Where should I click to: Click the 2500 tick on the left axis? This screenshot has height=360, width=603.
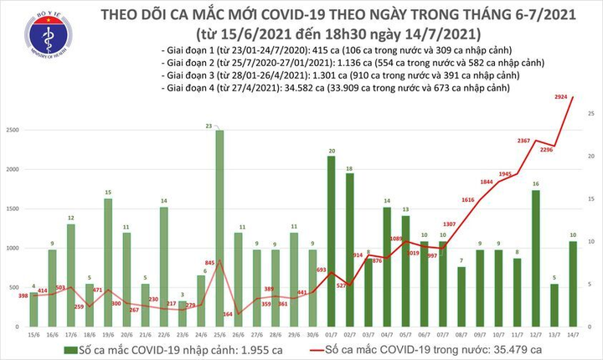coord(14,131)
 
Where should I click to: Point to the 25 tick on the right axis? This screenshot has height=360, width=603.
coord(591,114)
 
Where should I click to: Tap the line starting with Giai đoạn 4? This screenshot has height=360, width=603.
coord(334,86)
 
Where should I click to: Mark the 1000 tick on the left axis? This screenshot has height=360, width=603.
coord(14,249)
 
